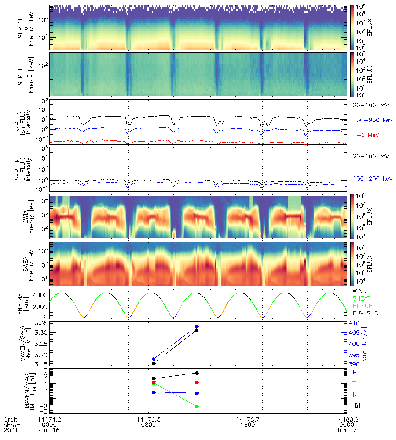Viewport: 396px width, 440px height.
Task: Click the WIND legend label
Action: pyautogui.click(x=360, y=291)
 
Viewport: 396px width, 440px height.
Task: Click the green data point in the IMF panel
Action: pyautogui.click(x=197, y=406)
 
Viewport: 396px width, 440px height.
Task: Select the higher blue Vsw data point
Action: pyautogui.click(x=197, y=326)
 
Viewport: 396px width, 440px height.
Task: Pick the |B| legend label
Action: pyautogui.click(x=356, y=404)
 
